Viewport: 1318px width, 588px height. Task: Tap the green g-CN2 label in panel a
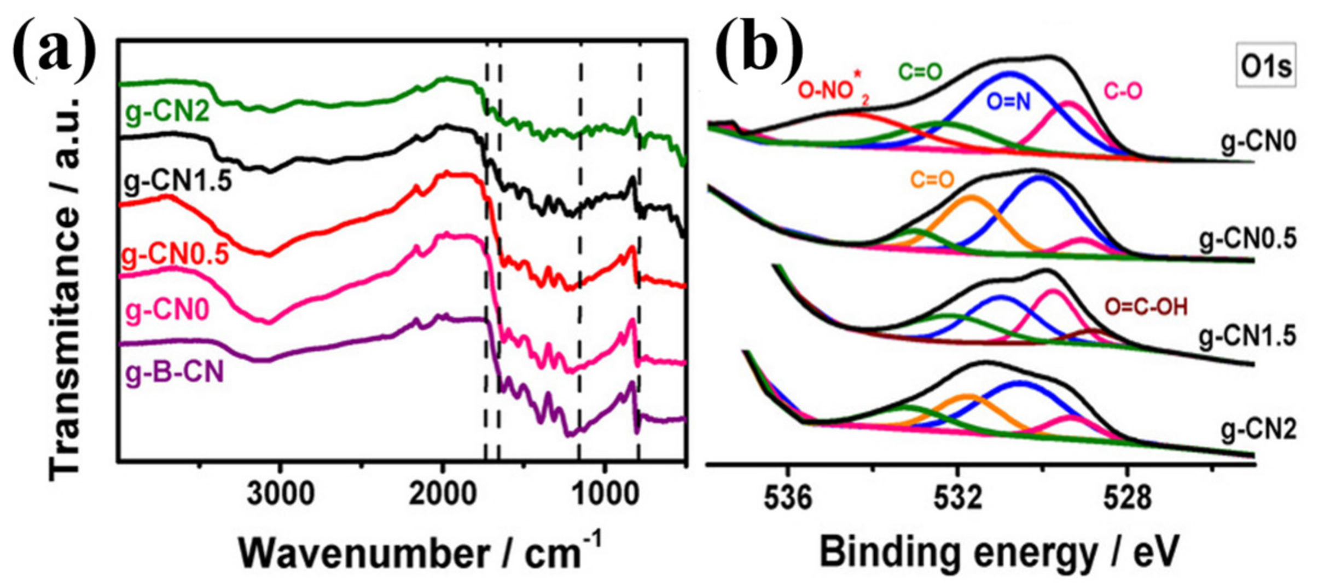tap(167, 113)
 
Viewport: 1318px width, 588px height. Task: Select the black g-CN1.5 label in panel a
tap(178, 181)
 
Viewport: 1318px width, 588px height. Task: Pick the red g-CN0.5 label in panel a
tap(175, 255)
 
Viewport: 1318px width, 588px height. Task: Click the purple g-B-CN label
tap(175, 373)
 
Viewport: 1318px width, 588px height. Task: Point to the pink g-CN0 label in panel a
tap(167, 311)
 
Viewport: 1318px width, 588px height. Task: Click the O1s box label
tap(1266, 67)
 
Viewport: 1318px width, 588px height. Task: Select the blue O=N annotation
tap(1008, 101)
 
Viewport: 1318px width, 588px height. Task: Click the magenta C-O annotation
tap(1123, 91)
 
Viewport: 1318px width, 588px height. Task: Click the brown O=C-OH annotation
tap(1146, 307)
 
